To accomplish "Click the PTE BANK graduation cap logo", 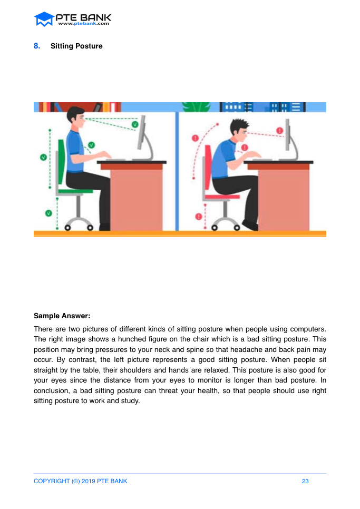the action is (44, 19).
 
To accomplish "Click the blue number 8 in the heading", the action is (37, 46).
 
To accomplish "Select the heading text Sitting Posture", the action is (76, 46).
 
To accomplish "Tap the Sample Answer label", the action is (62, 316).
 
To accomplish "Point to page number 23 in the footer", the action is (305, 481).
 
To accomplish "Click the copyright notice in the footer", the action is (81, 481).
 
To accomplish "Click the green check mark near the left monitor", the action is (135, 124).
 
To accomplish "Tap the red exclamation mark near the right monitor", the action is (279, 131).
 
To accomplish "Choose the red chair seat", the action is (222, 197).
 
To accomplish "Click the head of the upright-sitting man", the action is (76, 115).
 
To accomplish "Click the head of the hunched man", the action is (240, 129).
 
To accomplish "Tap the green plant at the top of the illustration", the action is (197, 107).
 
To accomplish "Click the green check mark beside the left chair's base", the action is (48, 213).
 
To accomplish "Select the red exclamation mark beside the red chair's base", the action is (199, 217).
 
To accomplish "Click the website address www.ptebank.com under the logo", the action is (84, 23).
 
